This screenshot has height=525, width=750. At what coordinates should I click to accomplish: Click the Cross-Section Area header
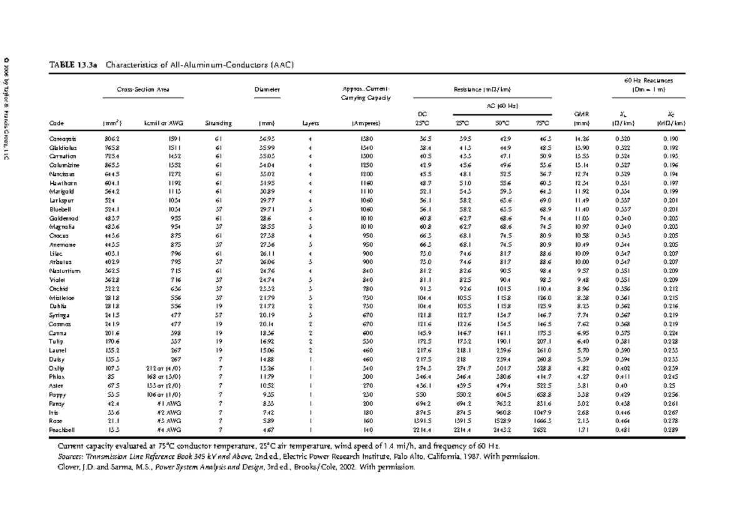(143, 90)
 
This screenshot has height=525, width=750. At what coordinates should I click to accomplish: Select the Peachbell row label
(63, 431)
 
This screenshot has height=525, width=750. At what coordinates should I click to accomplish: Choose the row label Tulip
(57, 342)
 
